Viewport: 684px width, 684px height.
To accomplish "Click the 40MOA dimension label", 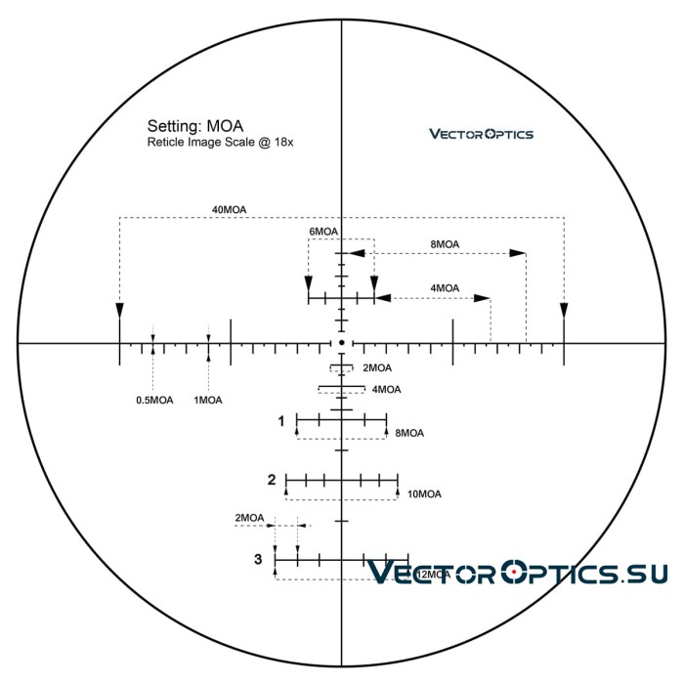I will coord(229,208).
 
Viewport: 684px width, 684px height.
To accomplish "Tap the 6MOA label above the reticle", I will coord(323,232).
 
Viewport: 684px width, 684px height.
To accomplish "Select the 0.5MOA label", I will coord(154,400).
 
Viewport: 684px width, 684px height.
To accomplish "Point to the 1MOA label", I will coord(208,400).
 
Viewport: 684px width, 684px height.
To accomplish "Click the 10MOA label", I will coord(424,494).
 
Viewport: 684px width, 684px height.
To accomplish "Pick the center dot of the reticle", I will coord(341,343).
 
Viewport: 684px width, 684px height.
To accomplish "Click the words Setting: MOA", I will coord(195,126).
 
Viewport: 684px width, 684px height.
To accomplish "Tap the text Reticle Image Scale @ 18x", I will coord(221,143).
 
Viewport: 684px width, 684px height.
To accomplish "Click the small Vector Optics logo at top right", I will coord(482,134).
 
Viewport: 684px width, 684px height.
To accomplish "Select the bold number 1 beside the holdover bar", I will coord(281,421).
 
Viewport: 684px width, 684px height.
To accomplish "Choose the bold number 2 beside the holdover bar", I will coord(272,480).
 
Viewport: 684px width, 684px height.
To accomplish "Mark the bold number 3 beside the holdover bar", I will coord(258,559).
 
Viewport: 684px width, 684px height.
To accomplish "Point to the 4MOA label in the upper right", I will coord(444,288).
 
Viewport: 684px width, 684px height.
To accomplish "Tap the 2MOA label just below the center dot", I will coord(377,368).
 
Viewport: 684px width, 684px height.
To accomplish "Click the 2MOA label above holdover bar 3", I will coord(250,517).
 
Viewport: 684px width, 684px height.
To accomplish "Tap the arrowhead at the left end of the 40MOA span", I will coord(119,310).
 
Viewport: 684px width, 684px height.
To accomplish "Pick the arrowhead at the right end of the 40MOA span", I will coord(564,310).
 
